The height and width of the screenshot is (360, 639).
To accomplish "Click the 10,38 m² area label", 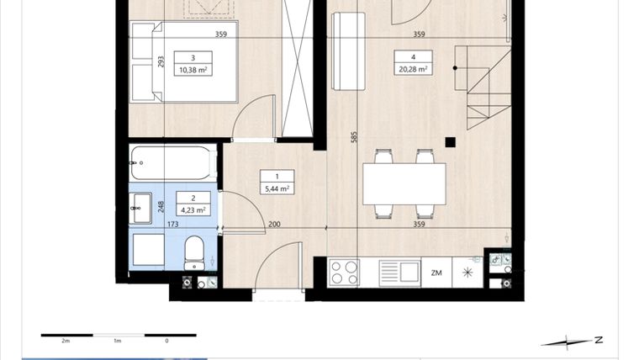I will (x=193, y=71).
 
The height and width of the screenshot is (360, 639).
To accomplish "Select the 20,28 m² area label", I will (x=412, y=71).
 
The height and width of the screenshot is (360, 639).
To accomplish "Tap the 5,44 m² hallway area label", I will (x=277, y=188).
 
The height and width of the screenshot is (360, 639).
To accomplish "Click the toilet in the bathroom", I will (x=194, y=251).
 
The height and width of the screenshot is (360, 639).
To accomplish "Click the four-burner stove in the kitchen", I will (x=344, y=272).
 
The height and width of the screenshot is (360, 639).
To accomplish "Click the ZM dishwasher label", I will (x=436, y=273).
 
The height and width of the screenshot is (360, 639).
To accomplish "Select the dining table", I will (x=404, y=183).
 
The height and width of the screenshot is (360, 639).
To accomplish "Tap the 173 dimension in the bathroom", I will (x=174, y=225).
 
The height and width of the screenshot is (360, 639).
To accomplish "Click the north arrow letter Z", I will (x=598, y=340).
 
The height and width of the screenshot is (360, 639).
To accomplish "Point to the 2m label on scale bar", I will (x=66, y=341).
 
